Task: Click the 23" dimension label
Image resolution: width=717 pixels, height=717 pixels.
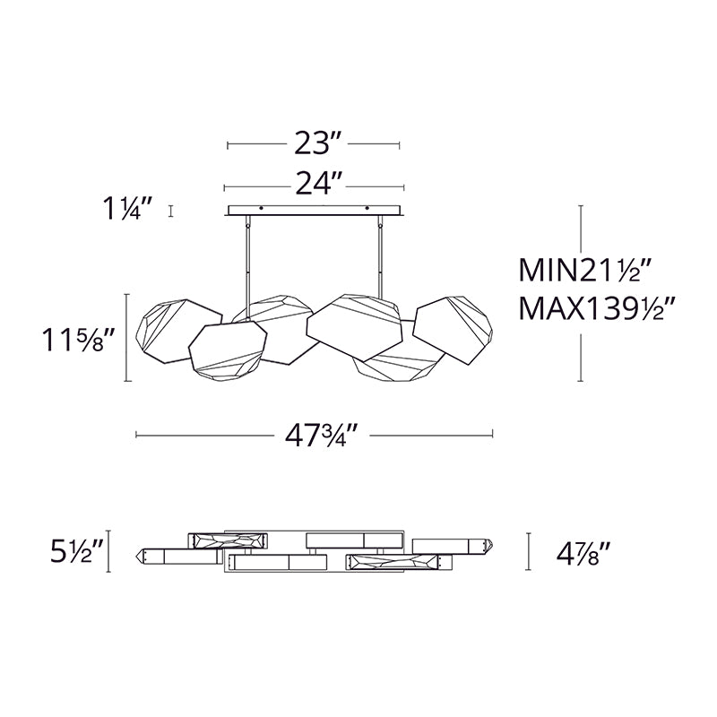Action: [x=318, y=143]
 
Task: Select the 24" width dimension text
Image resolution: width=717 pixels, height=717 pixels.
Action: [x=319, y=184]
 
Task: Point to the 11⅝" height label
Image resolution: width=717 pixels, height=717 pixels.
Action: [x=78, y=339]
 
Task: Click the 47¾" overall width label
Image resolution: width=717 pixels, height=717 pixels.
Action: [x=321, y=436]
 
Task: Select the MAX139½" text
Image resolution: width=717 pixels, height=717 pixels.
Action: [x=597, y=308]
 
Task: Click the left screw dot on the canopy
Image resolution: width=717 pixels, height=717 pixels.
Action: [x=261, y=208]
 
